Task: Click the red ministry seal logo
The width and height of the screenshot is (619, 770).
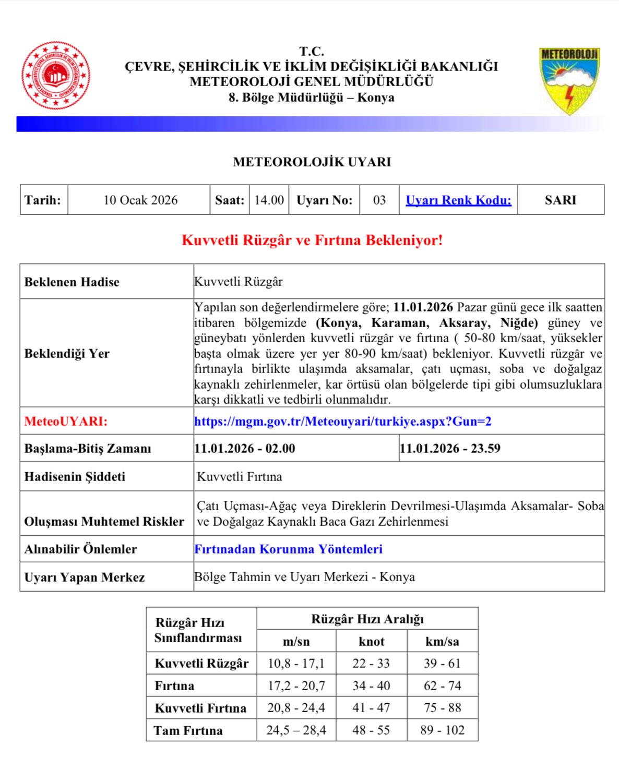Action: coord(55,76)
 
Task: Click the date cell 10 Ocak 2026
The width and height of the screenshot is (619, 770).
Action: coord(140,200)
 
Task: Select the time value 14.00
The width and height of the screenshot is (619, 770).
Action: coord(269,200)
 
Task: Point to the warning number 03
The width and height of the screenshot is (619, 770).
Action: coord(379,200)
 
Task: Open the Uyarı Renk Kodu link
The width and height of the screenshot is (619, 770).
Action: coord(458,200)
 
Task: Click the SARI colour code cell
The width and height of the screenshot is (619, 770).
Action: coord(561,200)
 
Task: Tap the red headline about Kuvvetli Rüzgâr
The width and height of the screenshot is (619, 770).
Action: coord(312,240)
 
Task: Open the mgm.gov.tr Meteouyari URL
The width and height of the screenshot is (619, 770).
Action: coord(343,422)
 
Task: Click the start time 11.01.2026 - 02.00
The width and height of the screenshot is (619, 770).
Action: coord(245,449)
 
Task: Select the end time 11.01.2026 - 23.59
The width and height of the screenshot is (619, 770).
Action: coord(450,449)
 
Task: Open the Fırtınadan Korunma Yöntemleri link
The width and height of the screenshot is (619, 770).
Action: coord(289,549)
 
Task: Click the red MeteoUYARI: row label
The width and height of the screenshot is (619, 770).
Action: coord(66,422)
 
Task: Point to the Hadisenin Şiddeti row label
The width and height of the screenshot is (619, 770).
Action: coord(75,477)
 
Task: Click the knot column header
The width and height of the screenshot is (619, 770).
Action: coord(372,642)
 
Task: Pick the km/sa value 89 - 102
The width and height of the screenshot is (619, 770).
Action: coord(442,730)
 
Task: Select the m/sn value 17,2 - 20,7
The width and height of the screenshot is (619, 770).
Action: coord(296,686)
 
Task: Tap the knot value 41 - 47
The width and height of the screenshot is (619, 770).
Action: coord(372,708)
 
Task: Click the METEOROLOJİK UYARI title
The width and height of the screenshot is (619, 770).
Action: coord(312,162)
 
